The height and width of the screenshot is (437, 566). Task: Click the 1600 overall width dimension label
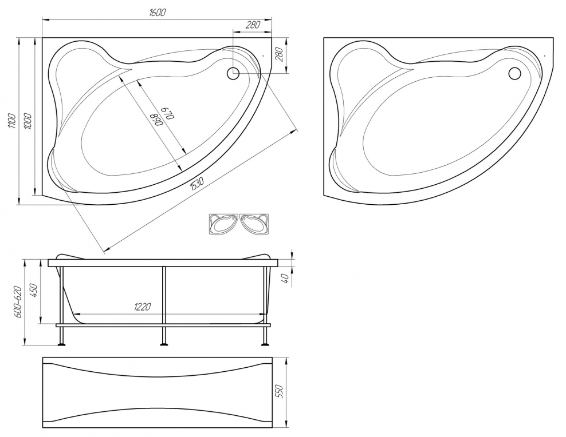pos(158,12)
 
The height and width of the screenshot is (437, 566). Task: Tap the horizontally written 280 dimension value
pos(253,25)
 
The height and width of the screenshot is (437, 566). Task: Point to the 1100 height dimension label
pos(12,121)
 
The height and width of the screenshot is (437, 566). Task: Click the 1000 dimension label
pos(28,121)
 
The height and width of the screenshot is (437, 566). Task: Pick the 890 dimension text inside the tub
pos(156,119)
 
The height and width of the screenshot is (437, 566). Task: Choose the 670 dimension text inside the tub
pos(166,113)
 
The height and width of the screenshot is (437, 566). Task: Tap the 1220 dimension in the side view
pos(143,307)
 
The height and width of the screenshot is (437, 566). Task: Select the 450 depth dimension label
pos(34,290)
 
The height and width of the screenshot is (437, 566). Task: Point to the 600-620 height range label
pos(18,302)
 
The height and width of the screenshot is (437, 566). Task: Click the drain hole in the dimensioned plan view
pos(232,73)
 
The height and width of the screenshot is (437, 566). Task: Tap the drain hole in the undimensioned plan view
pos(514,73)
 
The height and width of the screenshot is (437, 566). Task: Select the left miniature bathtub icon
pos(224,224)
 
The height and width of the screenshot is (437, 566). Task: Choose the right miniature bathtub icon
pos(254,224)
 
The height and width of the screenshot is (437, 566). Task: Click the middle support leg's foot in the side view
pos(164,345)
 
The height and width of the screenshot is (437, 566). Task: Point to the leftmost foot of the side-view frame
pos(62,345)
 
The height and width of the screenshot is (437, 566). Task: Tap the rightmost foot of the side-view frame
pos(265,345)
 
